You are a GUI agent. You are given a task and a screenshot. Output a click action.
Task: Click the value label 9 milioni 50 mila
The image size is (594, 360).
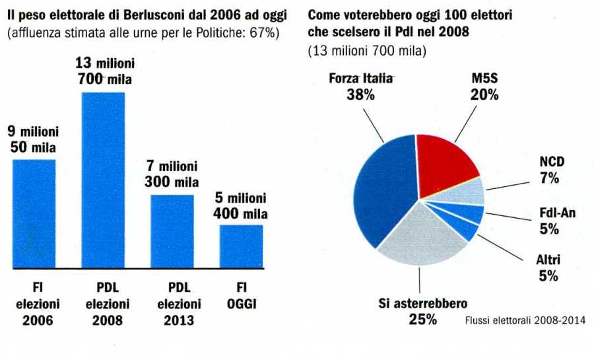(33, 139)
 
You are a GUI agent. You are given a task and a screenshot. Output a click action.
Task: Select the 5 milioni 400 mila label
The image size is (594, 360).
(240, 205)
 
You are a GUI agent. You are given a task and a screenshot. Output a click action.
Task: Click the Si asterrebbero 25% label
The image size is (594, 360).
(422, 311)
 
